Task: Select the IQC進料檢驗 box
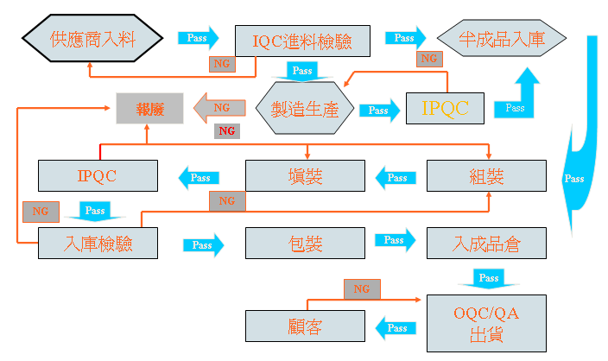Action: tap(302, 40)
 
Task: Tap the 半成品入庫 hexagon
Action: tap(502, 38)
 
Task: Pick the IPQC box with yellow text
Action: tap(446, 108)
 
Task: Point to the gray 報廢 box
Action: tap(150, 108)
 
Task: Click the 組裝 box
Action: tap(485, 176)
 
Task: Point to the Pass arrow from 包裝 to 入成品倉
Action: tap(394, 241)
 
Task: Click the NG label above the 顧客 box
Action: tap(361, 288)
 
